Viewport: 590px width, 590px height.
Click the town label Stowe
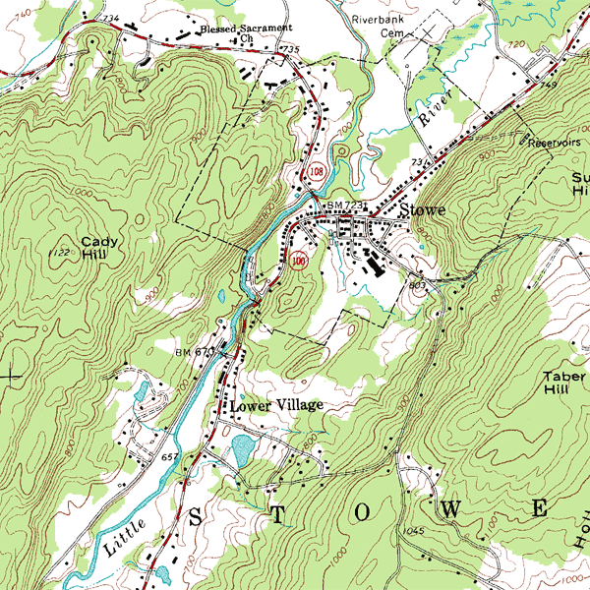(x=424, y=210)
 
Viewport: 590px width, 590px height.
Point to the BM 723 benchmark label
(x=346, y=204)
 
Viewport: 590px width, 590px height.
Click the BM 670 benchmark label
(x=194, y=352)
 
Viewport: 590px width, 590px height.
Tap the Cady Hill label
(x=98, y=247)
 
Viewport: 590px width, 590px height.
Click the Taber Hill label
(x=564, y=383)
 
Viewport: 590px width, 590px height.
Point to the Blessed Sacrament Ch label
(x=246, y=34)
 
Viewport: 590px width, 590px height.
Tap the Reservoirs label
(x=553, y=142)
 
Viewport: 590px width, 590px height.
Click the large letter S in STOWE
(x=195, y=515)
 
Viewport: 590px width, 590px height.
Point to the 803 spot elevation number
(x=416, y=284)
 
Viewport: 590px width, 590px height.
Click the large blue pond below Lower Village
(x=242, y=450)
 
